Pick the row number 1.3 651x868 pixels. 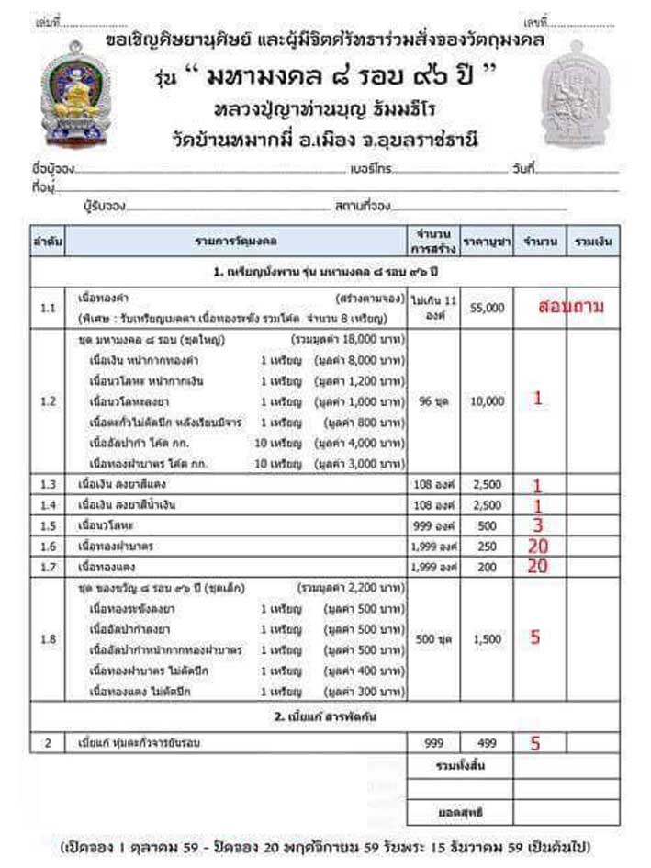pyautogui.click(x=49, y=483)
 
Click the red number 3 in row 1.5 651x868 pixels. pyautogui.click(x=538, y=525)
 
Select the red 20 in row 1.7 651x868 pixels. pyautogui.click(x=537, y=567)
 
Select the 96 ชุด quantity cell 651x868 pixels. pyautogui.click(x=434, y=401)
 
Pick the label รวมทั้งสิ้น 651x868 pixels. pyautogui.click(x=460, y=764)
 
